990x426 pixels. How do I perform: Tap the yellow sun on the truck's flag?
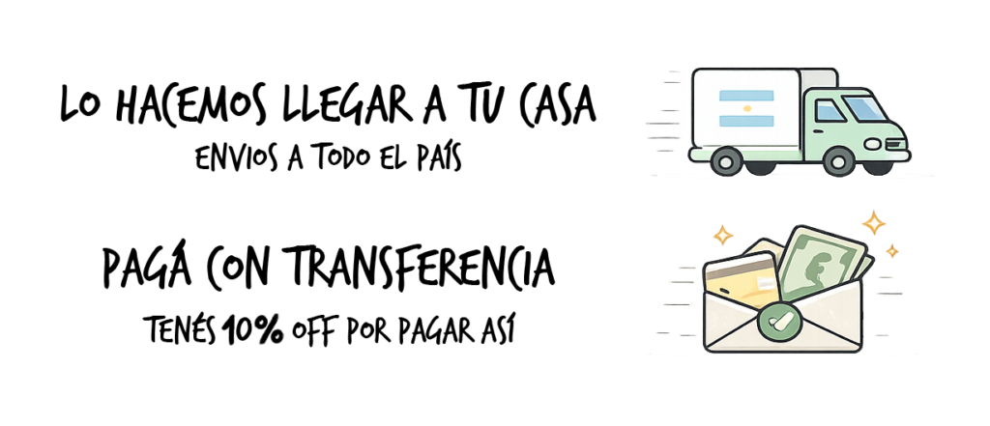point(746,108)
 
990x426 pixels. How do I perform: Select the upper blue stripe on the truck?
point(746,96)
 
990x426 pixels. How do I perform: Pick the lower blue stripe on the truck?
point(746,121)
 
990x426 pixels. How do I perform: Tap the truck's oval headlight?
point(872,144)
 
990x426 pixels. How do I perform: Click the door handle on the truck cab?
point(819,130)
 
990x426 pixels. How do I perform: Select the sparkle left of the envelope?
point(721,234)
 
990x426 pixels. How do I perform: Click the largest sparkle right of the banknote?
point(875,223)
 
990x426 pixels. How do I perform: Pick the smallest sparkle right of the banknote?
point(891,251)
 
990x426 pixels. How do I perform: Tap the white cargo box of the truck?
point(745,108)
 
